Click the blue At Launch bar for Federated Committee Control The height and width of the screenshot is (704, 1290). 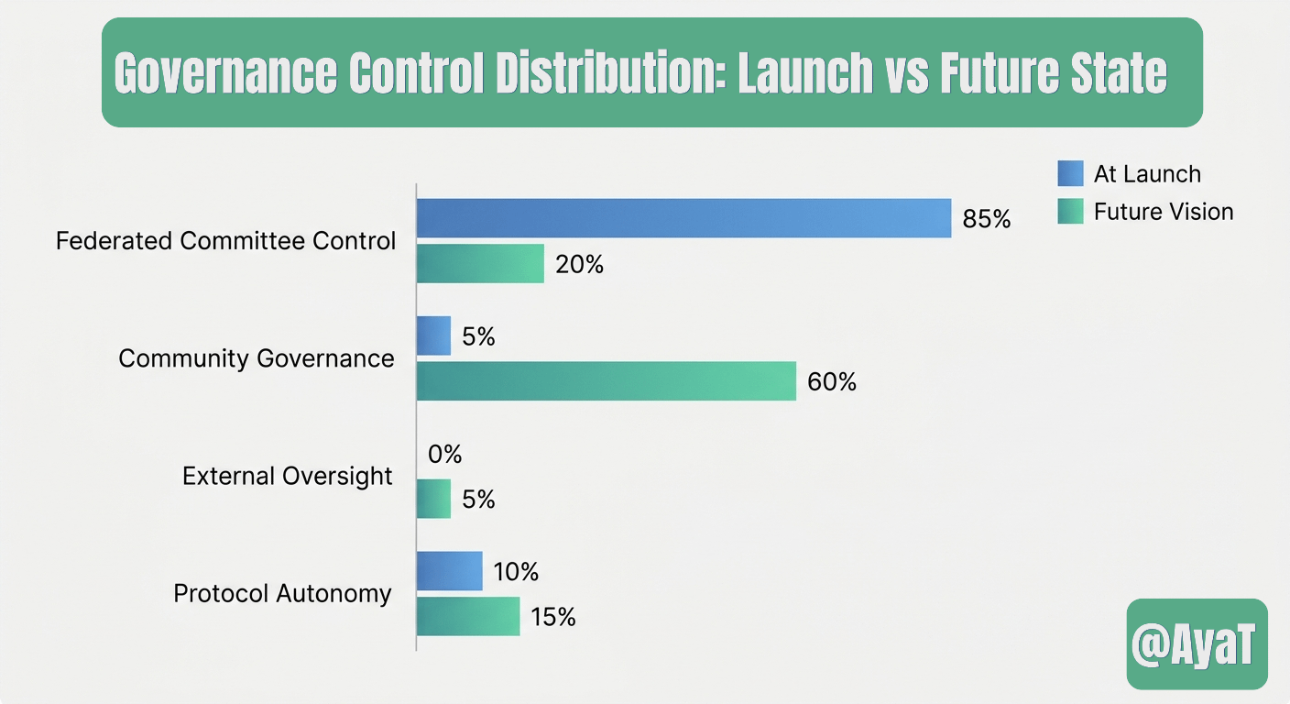click(x=683, y=218)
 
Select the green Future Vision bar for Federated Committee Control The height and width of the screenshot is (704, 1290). click(x=480, y=264)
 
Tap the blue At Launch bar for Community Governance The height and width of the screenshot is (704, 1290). click(x=433, y=335)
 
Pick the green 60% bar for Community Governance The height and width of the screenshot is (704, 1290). click(x=607, y=380)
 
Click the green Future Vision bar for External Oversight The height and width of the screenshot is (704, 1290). click(x=433, y=499)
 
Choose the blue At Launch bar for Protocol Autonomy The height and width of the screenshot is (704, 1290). click(x=449, y=571)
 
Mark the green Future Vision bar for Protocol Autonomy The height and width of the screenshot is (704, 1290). click(x=468, y=616)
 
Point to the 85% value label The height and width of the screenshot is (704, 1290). click(x=986, y=219)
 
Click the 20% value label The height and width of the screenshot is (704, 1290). click(x=579, y=265)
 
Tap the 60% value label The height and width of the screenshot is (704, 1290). click(x=832, y=381)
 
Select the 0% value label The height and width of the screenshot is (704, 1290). click(x=445, y=454)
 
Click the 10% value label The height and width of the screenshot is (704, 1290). click(x=515, y=572)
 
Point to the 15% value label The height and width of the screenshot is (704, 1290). click(x=552, y=617)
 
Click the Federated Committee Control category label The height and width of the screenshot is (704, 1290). click(x=226, y=241)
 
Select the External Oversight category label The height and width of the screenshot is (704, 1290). click(x=288, y=477)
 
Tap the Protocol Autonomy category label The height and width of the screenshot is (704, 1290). click(x=283, y=594)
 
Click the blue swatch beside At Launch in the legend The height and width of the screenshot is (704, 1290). click(x=1070, y=173)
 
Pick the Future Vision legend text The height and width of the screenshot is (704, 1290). click(x=1164, y=212)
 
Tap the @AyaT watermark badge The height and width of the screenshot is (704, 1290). click(x=1197, y=644)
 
